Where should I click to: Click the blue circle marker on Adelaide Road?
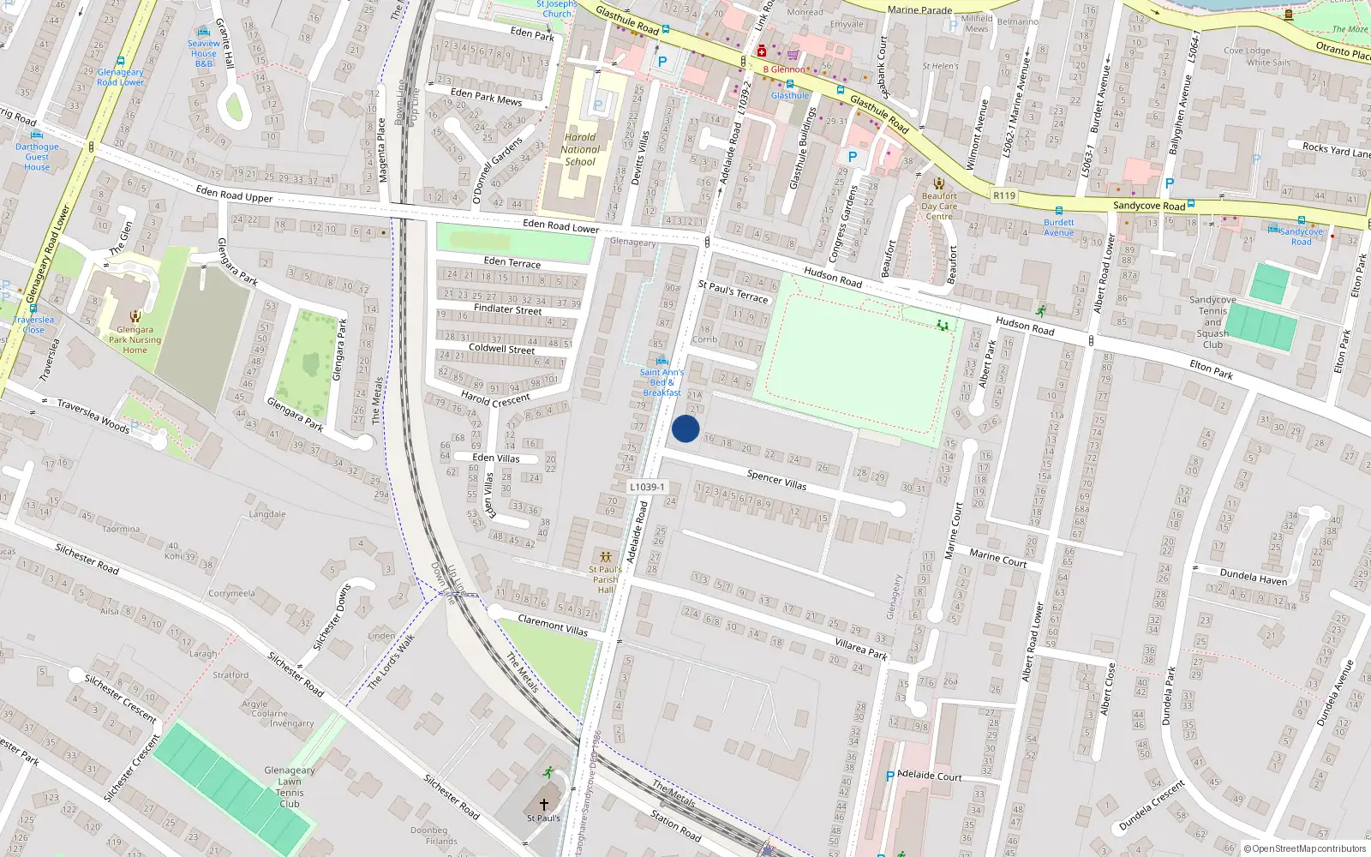(685, 428)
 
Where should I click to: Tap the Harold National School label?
(580, 149)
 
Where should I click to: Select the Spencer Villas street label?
(776, 479)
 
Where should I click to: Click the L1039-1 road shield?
(648, 487)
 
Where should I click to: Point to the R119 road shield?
(1004, 195)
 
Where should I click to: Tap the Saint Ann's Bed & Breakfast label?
(662, 382)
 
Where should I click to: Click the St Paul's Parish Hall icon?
(606, 557)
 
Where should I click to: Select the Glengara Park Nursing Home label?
(135, 339)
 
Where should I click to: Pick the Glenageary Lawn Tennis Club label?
(290, 787)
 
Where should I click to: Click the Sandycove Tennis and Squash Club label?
(1212, 322)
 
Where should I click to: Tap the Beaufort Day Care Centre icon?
(939, 183)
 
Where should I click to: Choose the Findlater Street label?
(508, 309)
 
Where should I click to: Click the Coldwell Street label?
(501, 349)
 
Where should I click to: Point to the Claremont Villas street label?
(553, 625)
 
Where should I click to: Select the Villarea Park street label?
(861, 648)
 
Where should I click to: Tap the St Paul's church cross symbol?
(543, 805)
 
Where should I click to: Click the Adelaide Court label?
(930, 776)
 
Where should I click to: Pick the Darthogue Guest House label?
(37, 157)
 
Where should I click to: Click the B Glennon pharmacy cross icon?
(762, 51)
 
